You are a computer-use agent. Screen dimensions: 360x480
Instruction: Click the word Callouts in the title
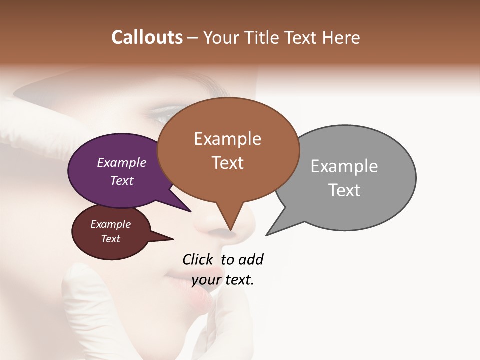(147, 38)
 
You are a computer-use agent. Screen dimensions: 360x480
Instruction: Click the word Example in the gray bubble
(344, 166)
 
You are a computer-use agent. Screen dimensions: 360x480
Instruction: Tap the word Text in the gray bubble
(344, 190)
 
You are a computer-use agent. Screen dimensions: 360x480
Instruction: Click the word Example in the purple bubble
(121, 162)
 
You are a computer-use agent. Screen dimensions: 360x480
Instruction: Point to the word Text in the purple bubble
(121, 180)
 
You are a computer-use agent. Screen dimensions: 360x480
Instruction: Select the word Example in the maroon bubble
(110, 224)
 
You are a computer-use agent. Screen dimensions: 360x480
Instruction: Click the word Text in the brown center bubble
(227, 163)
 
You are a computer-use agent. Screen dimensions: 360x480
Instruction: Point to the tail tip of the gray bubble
(267, 234)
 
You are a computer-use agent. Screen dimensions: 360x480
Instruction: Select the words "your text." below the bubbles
(222, 280)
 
